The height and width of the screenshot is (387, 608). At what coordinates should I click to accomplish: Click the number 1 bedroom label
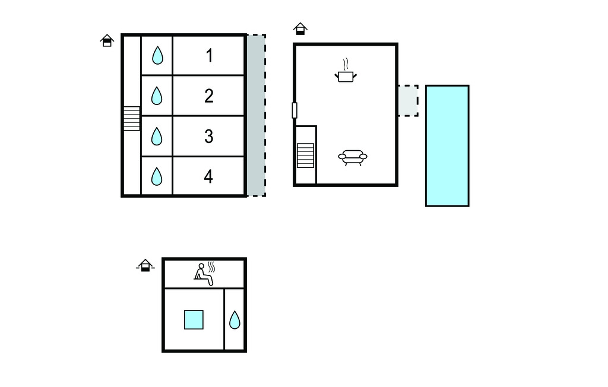[209, 56]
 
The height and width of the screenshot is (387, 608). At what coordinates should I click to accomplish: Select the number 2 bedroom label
[209, 96]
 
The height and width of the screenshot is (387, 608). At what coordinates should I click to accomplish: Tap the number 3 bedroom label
[209, 137]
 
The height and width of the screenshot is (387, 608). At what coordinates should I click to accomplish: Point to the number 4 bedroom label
[209, 176]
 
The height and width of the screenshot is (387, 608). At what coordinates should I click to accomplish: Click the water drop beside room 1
[157, 56]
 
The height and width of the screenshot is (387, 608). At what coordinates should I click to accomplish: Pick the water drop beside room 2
[157, 96]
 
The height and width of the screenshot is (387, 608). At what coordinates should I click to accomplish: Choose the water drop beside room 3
[157, 137]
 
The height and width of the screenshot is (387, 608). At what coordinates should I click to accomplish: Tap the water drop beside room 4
[157, 176]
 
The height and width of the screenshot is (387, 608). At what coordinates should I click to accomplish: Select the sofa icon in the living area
[353, 157]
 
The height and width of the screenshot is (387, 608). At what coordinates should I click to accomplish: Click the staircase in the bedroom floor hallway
[132, 119]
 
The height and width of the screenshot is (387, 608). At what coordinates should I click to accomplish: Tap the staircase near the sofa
[305, 156]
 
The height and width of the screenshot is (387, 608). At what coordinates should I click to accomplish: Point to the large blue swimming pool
[447, 145]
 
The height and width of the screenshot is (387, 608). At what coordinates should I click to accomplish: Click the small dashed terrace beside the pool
[408, 100]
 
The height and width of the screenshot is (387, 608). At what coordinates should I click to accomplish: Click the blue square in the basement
[194, 319]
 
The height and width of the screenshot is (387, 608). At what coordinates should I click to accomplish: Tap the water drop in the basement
[235, 320]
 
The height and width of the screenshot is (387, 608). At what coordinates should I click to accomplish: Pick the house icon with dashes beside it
[145, 265]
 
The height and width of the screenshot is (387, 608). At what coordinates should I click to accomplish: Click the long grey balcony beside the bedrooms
[256, 115]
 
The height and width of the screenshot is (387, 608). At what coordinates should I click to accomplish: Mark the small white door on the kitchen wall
[294, 110]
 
